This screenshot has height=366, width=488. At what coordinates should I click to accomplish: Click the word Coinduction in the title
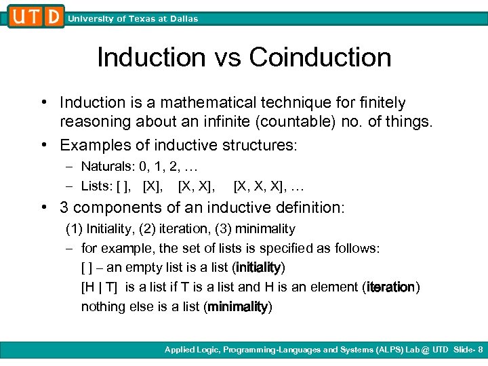pos(320,57)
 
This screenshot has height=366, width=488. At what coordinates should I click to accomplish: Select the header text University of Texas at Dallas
pos(133,19)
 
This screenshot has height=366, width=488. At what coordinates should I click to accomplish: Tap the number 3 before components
pos(64,208)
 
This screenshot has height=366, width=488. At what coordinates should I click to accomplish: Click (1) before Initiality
pos(73,229)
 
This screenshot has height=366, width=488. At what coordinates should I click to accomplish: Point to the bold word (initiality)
pos(258,267)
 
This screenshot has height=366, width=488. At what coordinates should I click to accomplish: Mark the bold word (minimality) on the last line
pos(237,306)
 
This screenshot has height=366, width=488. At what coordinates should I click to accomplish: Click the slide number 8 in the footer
pos(481,350)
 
